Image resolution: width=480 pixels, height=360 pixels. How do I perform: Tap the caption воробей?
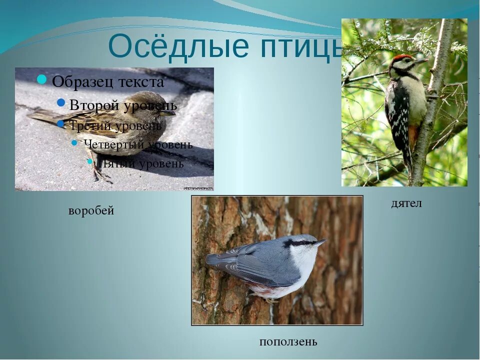[x=91, y=211]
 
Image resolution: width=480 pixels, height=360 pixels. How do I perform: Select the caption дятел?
[x=406, y=203]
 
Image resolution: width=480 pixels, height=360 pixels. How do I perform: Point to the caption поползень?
[x=288, y=342]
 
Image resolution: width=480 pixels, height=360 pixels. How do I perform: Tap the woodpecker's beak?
[x=421, y=61]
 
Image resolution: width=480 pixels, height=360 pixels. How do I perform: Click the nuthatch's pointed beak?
[x=320, y=242]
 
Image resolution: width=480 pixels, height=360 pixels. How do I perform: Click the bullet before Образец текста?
[x=42, y=79]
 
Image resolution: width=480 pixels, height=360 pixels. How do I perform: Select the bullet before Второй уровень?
[x=61, y=102]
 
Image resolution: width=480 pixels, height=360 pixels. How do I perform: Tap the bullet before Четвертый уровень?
[x=74, y=143]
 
